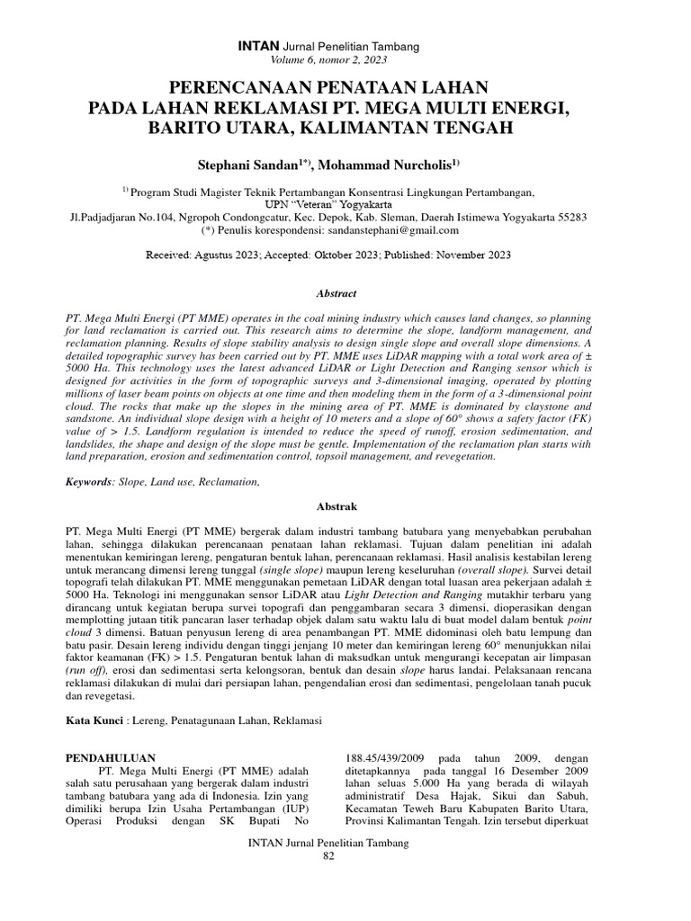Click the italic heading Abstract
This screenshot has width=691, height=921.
337,293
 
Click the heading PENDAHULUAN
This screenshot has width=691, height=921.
112,758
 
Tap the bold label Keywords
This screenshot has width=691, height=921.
88,483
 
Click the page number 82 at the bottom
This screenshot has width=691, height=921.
328,855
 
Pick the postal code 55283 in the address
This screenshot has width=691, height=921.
570,217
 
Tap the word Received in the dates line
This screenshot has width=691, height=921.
168,255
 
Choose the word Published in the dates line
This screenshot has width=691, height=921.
408,255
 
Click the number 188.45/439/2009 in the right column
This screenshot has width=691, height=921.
390,758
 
